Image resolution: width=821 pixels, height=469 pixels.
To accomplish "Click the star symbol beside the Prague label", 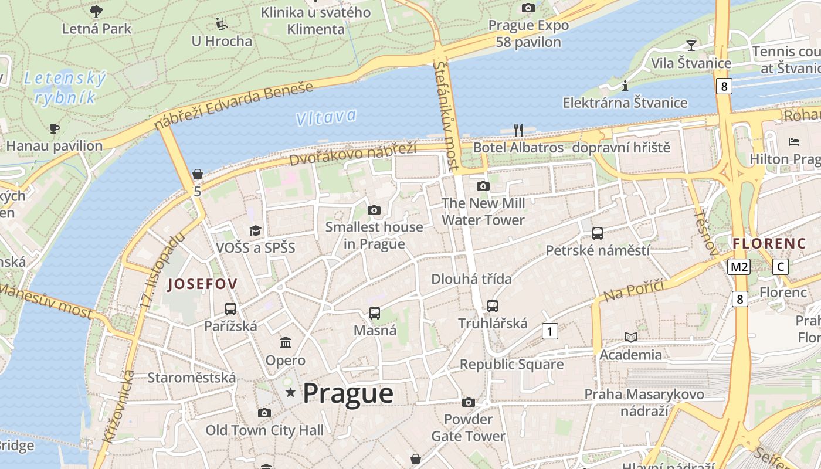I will (x=290, y=392).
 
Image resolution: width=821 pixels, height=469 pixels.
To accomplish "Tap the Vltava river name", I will (x=326, y=117).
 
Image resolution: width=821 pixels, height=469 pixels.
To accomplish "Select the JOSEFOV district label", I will (x=202, y=284).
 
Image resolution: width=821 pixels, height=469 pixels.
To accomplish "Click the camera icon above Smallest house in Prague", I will (x=374, y=210).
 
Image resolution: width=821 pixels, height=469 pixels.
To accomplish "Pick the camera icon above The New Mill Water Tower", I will (x=483, y=186).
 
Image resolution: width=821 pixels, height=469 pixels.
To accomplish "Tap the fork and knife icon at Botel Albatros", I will (x=518, y=130).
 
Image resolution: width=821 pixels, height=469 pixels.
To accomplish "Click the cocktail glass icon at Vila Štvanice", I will (x=691, y=45).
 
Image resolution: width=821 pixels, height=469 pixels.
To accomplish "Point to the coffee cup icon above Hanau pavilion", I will (x=55, y=128).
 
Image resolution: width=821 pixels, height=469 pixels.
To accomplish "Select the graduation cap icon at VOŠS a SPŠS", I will (x=255, y=230).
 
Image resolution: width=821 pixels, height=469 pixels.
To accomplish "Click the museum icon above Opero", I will (x=286, y=342).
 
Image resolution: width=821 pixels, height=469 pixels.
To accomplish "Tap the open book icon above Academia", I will (x=631, y=337).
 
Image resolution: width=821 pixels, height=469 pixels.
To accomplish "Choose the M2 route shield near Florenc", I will (x=738, y=267).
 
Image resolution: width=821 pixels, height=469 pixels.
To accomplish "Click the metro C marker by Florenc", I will (x=780, y=266).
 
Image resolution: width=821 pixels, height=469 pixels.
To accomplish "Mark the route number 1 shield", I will (x=549, y=331).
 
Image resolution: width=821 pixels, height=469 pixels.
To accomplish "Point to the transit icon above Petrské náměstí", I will (x=598, y=233).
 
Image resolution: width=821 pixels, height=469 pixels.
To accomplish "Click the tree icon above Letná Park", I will (x=96, y=11).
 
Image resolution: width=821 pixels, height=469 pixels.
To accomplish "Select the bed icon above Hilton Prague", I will (x=794, y=141).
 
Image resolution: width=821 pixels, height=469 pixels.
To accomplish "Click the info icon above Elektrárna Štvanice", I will (x=625, y=86).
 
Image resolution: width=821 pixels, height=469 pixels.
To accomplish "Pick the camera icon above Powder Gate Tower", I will (x=468, y=402).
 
